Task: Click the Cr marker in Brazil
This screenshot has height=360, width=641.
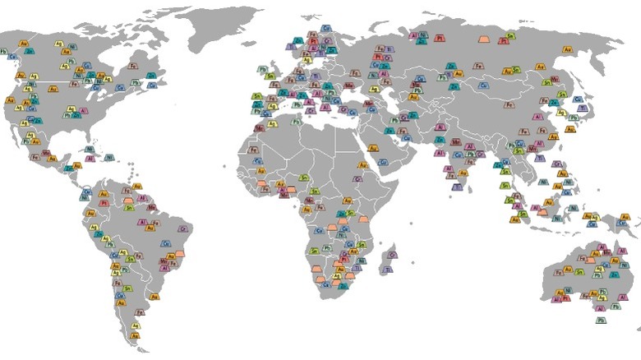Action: pos(183,229)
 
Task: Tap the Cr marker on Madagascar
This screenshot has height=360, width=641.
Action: pos(392,255)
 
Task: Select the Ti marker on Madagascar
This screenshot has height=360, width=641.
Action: pos(387,269)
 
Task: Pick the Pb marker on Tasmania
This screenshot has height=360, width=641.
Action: pos(601,320)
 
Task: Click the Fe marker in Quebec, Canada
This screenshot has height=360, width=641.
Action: pos(133,66)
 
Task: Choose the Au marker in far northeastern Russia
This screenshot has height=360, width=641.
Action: pos(567,49)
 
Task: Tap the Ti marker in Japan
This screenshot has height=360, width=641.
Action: pos(583,108)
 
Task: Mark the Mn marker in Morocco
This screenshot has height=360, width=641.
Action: pos(260,128)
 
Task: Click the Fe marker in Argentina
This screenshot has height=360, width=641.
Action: pos(140,312)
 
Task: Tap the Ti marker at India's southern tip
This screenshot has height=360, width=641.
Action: pos(457,187)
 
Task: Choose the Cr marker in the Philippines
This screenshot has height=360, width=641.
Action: pos(557,164)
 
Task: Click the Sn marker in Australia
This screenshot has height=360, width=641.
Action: pos(579,271)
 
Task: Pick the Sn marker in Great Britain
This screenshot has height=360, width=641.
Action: pos(270,76)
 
